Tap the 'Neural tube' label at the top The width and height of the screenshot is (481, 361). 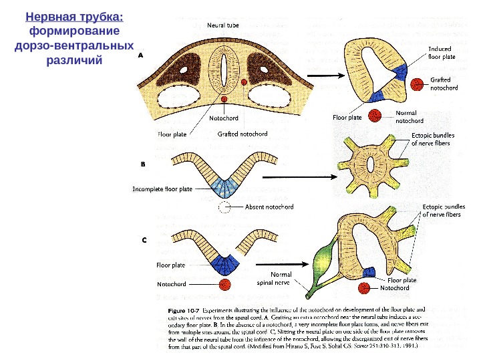pyautogui.click(x=222, y=25)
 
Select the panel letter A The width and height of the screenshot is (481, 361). pyautogui.click(x=141, y=57)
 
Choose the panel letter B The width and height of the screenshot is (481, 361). pyautogui.click(x=142, y=162)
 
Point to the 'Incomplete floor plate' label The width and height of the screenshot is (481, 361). pyautogui.click(x=162, y=189)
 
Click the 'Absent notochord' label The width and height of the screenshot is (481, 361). pyautogui.click(x=270, y=207)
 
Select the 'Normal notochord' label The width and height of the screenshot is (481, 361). pyautogui.click(x=410, y=117)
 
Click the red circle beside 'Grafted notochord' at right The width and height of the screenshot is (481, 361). pyautogui.click(x=418, y=84)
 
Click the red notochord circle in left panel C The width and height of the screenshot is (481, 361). pyautogui.click(x=224, y=284)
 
